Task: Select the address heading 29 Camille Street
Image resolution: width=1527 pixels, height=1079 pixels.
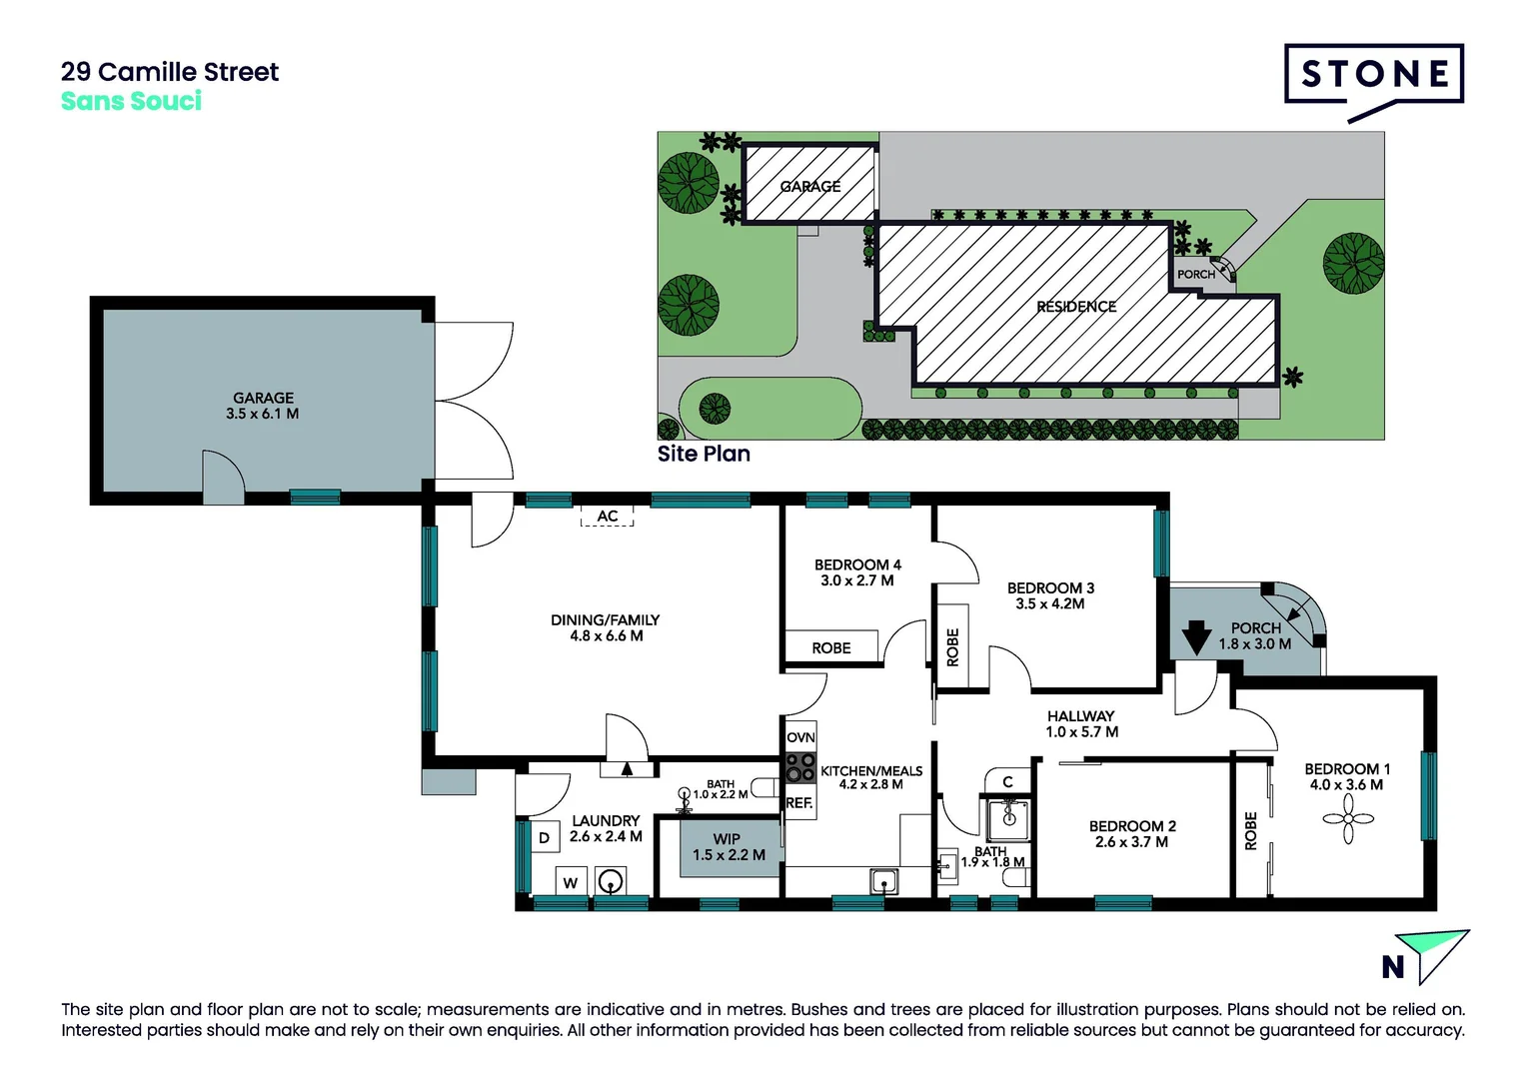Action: (x=170, y=72)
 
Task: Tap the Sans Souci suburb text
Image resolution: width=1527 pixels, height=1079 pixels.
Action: (x=131, y=101)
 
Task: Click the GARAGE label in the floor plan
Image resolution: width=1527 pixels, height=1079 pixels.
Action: (x=263, y=398)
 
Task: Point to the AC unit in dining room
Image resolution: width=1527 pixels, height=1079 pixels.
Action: (x=608, y=517)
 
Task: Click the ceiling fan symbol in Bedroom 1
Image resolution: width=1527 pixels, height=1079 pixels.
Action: (x=1348, y=819)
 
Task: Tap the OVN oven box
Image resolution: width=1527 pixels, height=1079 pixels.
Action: (x=800, y=737)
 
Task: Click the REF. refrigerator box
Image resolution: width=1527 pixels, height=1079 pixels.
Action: (x=799, y=803)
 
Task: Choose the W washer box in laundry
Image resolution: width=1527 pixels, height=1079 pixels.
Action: (x=571, y=882)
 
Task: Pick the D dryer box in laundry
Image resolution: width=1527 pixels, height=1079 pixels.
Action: (x=544, y=838)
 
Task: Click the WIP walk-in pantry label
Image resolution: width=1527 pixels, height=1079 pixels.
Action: (x=727, y=839)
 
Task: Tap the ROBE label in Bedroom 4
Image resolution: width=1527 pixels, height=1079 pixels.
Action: (x=831, y=648)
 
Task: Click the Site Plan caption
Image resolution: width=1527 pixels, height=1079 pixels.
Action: (x=704, y=454)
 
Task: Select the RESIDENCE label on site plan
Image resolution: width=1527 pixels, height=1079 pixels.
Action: (x=1076, y=307)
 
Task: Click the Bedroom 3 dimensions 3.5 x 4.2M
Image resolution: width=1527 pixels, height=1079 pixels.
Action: (x=1050, y=604)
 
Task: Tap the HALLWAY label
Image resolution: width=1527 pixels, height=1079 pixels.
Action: (x=1080, y=716)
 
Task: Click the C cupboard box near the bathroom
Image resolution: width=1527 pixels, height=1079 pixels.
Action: (x=1008, y=781)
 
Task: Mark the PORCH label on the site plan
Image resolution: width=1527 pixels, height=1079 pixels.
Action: (x=1195, y=275)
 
